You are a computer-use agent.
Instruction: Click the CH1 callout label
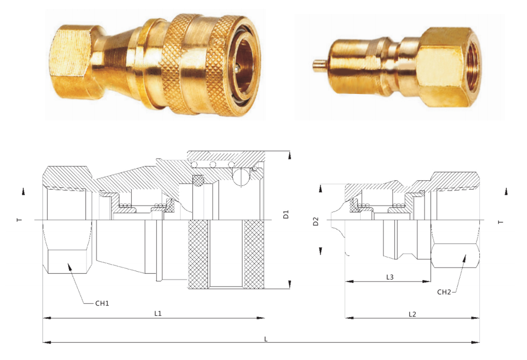(102, 303)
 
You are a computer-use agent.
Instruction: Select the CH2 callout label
(444, 291)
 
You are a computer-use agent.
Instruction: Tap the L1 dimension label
(158, 313)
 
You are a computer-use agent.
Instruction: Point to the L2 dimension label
(412, 314)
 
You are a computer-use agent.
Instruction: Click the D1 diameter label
(286, 215)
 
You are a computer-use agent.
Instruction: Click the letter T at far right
(501, 222)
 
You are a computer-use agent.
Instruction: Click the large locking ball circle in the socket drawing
(241, 178)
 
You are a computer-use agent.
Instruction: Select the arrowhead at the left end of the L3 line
(347, 281)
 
